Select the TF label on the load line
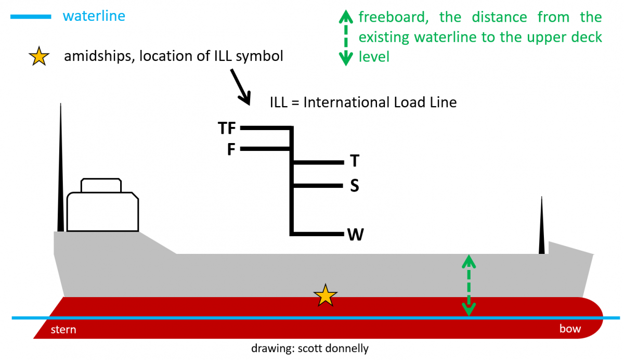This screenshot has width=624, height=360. tap(227, 128)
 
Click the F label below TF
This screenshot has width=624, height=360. tap(231, 150)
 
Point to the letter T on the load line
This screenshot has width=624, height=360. tap(354, 162)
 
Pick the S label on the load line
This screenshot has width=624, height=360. tap(354, 186)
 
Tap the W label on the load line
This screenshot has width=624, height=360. tap(355, 235)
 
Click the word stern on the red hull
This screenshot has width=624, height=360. tap(63, 330)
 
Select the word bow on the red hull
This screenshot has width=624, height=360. tap(570, 329)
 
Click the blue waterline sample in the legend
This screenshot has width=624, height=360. tap(31, 17)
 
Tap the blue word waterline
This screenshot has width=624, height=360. tap(94, 16)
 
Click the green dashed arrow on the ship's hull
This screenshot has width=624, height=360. tap(469, 285)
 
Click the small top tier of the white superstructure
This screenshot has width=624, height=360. tap(101, 185)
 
